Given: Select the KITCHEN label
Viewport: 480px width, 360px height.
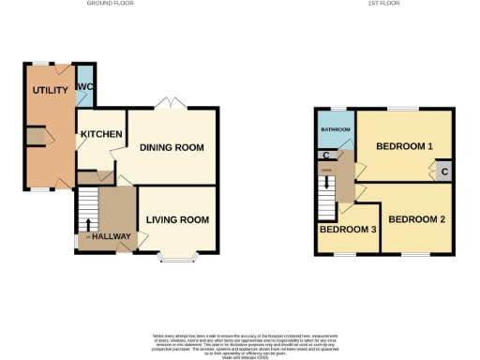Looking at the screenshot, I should [x=101, y=135].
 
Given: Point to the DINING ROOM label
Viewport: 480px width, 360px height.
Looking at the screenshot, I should [x=172, y=147].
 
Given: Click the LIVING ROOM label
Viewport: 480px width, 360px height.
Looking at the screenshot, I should [x=177, y=220].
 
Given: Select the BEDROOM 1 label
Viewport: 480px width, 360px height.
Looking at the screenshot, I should [x=404, y=147].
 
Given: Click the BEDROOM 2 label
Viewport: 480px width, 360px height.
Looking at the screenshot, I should [x=416, y=219].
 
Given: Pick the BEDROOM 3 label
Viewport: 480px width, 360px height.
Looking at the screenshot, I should [x=348, y=230].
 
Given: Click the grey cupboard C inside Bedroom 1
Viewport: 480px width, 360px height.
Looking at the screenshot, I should [x=443, y=171].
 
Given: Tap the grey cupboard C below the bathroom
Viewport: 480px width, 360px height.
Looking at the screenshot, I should [x=325, y=156].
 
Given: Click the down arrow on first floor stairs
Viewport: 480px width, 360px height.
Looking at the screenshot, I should [x=326, y=186].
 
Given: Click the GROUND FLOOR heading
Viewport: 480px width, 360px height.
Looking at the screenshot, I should [x=110, y=4].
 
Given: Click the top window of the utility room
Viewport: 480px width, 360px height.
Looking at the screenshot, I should [x=40, y=63].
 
